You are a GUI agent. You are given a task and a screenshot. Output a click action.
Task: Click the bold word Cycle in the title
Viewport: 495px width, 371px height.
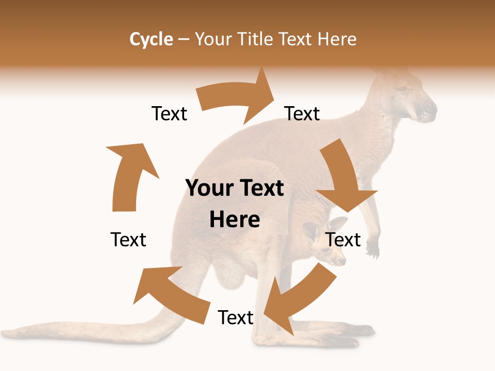[151, 39]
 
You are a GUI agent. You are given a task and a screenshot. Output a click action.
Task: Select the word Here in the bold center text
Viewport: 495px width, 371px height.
[235, 220]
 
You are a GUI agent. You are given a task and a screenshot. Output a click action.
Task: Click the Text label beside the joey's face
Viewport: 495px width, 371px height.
[343, 240]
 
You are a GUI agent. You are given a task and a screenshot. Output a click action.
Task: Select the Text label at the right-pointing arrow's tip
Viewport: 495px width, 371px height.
[302, 113]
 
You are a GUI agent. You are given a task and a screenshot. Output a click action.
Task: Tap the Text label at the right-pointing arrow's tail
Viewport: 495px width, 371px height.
[169, 113]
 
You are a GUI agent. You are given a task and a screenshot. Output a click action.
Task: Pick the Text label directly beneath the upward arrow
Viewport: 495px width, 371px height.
[128, 240]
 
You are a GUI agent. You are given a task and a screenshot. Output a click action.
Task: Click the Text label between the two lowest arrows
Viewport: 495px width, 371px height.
[236, 317]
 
